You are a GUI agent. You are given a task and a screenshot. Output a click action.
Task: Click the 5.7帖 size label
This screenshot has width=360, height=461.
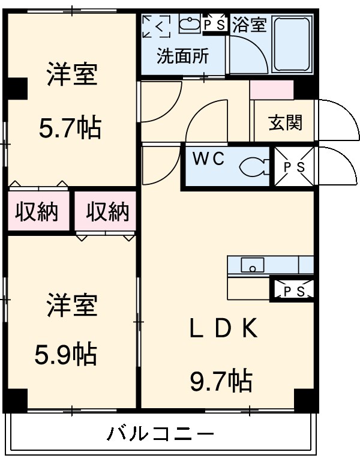coord(70,127)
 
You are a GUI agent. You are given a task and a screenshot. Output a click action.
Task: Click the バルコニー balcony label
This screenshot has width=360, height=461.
coord(161,432)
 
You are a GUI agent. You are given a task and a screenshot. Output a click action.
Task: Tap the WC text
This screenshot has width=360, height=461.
coord(208,160)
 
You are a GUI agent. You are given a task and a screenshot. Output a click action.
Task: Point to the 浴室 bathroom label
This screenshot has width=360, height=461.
coord(248,25)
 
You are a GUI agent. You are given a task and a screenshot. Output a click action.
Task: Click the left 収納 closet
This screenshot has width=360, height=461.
coord(36,211)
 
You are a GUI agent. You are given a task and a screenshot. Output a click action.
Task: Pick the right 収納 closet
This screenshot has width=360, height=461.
coord(107,211)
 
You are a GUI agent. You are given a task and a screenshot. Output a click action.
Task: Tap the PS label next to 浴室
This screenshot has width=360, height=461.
coord(214,25)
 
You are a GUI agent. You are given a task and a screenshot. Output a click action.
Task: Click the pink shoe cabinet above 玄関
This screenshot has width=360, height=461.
coord(271,89)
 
